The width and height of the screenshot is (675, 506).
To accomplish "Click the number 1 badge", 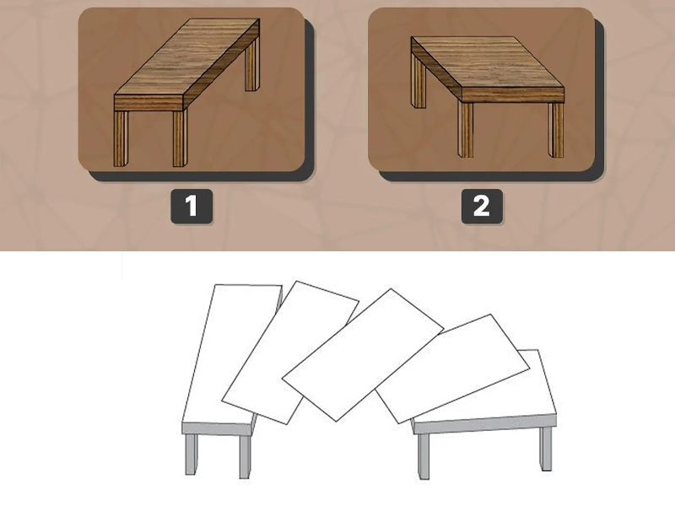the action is (x=192, y=206).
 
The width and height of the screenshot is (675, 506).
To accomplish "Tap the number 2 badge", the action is (x=482, y=206).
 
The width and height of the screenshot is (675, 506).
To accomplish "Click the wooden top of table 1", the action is (x=186, y=57).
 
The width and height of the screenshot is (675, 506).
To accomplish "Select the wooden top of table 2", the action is (x=488, y=62).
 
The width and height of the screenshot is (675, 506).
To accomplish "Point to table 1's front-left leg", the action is (x=121, y=138).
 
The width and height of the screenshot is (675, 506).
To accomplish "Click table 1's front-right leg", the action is (x=181, y=138).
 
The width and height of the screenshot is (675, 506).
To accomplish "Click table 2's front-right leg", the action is (x=556, y=130).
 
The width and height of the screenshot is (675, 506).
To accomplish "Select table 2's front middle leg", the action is (x=465, y=130).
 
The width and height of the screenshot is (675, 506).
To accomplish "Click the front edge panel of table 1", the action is (x=149, y=103).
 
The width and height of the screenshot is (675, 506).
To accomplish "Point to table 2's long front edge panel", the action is (x=513, y=95).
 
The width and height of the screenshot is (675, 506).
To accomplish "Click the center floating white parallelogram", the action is (x=363, y=354).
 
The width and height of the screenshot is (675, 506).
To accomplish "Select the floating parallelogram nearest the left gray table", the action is (x=290, y=353).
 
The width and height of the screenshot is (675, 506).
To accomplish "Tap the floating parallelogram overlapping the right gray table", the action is (x=452, y=369).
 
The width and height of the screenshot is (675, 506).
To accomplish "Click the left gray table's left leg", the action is (x=192, y=455).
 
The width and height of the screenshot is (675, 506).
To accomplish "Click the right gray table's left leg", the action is (x=424, y=456).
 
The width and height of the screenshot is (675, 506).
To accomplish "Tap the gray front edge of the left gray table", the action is (x=216, y=428).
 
